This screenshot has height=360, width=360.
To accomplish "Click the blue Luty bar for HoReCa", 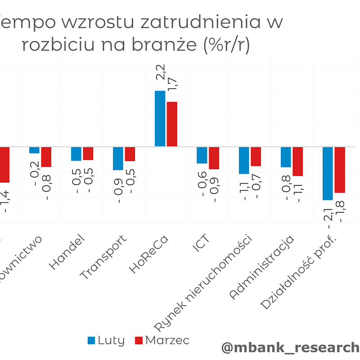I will [x=160, y=119].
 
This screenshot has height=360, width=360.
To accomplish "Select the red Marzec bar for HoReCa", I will [x=172, y=124].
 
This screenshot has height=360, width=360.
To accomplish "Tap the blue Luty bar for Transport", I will [x=118, y=158].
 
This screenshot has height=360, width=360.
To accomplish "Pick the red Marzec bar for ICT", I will [x=214, y=158].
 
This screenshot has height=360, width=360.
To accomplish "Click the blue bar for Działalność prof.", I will [x=328, y=173].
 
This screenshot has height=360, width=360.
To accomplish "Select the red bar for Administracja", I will [x=297, y=161].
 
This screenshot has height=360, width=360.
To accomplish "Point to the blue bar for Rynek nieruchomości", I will [x=244, y=160].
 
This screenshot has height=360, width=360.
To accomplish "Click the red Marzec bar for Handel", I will [x=88, y=153].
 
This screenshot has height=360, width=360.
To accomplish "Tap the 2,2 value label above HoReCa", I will [x=161, y=72].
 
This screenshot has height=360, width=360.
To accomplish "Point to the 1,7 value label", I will [x=172, y=84].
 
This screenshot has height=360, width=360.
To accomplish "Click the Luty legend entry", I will [x=106, y=341].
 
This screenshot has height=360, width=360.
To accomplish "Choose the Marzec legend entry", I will [x=162, y=341].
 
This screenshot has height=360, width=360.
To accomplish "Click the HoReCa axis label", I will [x=149, y=254].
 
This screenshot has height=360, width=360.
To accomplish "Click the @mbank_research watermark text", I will [x=290, y=347].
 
